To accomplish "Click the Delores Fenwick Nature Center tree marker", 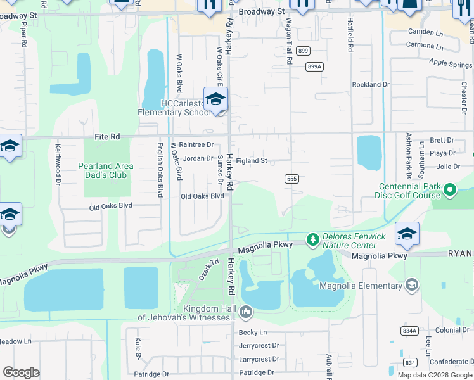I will pyautogui.click(x=312, y=239).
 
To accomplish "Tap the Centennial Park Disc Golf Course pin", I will pyautogui.click(x=450, y=189).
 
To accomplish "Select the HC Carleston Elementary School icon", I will pyautogui.click(x=215, y=99).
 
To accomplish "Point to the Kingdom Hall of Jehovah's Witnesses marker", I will pyautogui.click(x=246, y=312).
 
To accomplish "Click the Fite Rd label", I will pyautogui.click(x=106, y=136).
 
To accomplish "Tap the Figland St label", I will pyautogui.click(x=252, y=161).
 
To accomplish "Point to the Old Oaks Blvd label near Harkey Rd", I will pyautogui.click(x=203, y=196).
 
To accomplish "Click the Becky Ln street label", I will pyautogui.click(x=253, y=332).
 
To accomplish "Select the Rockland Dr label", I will pyautogui.click(x=371, y=84).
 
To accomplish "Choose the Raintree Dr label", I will pyautogui.click(x=196, y=145).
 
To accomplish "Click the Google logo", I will pyautogui.click(x=21, y=372).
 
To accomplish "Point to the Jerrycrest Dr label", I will pyautogui.click(x=259, y=346).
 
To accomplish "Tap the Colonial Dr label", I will pyautogui.click(x=452, y=330).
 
